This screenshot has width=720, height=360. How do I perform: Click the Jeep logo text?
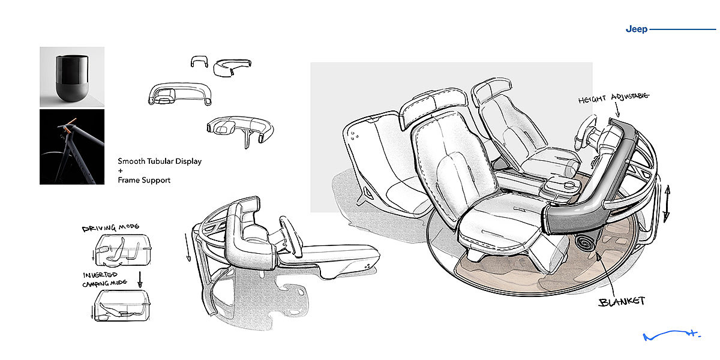pyautogui.click(x=636, y=29)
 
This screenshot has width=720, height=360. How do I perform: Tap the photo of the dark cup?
pyautogui.click(x=72, y=77)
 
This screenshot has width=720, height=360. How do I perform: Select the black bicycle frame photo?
pyautogui.click(x=72, y=146)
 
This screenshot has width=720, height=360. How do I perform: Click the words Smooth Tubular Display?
pyautogui.click(x=160, y=161)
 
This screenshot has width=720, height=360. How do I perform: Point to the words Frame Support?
pyautogui.click(x=144, y=180)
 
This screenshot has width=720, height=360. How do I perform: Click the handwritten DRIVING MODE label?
pyautogui.click(x=110, y=228)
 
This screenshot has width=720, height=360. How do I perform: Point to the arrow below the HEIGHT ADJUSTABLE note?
pyautogui.click(x=618, y=110)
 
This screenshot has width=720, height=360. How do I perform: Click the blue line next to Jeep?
pyautogui.click(x=683, y=29)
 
